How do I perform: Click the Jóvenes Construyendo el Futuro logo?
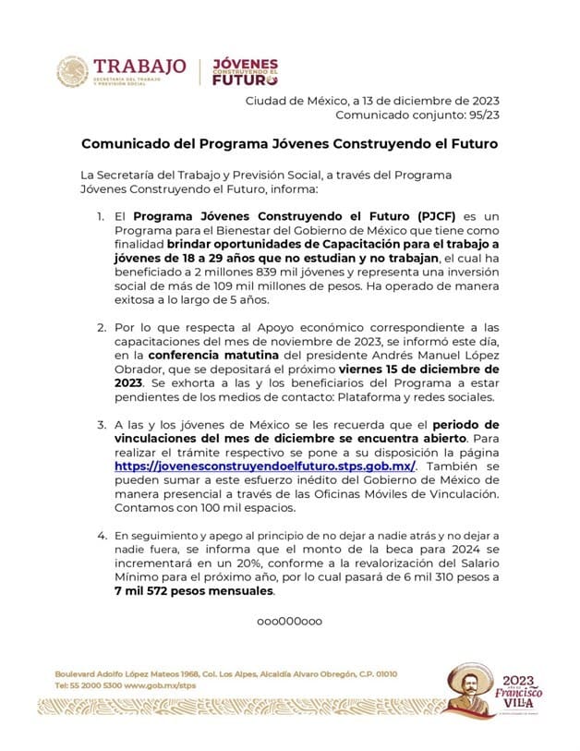pyautogui.click(x=245, y=72)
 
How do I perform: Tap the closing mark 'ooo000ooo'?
pyautogui.click(x=289, y=621)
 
